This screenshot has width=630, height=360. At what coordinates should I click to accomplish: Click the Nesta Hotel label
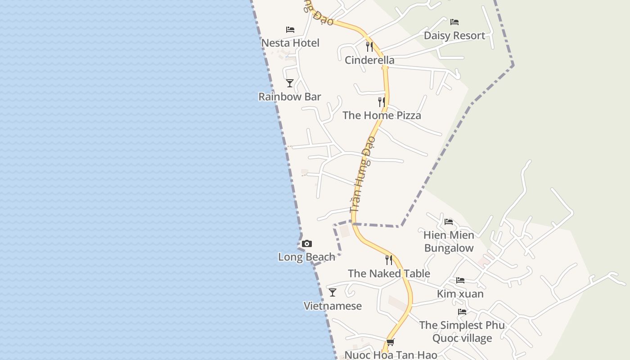[x=290, y=43]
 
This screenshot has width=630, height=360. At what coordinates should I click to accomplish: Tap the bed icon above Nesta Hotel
[x=290, y=30]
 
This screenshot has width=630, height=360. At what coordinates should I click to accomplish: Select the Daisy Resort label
[x=454, y=36]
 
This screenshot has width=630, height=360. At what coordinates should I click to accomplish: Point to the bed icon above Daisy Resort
[x=454, y=22]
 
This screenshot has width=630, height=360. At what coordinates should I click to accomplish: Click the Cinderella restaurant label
[x=369, y=60]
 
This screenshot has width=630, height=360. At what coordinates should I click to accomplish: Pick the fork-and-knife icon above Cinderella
[x=369, y=46]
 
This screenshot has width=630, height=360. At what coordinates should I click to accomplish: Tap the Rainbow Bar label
[x=290, y=97]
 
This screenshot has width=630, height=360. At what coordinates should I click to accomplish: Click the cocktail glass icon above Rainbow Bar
[x=290, y=83]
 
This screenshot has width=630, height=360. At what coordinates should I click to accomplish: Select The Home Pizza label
[x=382, y=116]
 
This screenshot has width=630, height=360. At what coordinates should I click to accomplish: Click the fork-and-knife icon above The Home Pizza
[x=382, y=102]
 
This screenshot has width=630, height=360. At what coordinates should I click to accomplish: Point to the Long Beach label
[x=307, y=257]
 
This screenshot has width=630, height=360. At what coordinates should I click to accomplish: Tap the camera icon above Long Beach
[x=307, y=244]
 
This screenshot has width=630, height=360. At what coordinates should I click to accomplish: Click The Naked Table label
[x=389, y=274]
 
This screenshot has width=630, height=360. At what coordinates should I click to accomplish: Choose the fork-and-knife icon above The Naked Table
[x=389, y=260]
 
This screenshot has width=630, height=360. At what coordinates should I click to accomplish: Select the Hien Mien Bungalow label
[x=449, y=242]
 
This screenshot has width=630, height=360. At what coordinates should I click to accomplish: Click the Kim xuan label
[x=460, y=294]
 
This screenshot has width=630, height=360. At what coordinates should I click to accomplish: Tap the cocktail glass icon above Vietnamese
[x=333, y=292]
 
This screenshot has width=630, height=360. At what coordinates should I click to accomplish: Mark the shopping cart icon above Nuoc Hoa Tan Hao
[x=391, y=342]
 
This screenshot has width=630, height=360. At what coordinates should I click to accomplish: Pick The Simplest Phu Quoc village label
[x=462, y=332]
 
